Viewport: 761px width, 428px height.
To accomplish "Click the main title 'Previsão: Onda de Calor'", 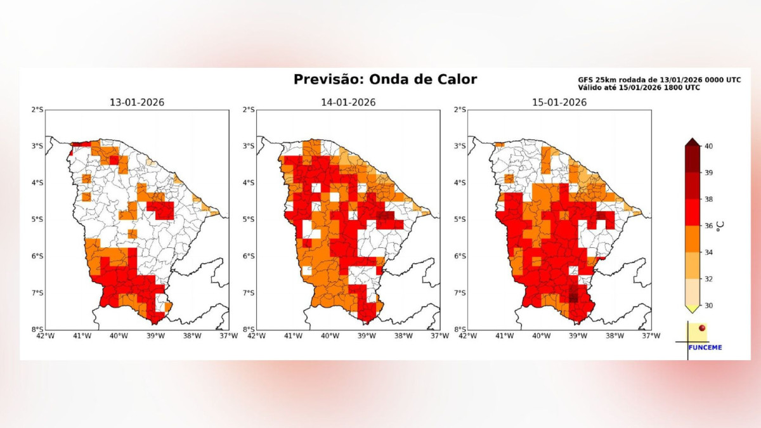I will coord(385,79).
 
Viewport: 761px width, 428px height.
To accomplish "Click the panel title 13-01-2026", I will coord(136,102).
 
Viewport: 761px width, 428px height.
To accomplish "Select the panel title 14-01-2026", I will coord(348,102).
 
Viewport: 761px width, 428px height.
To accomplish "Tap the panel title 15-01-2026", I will coord(559,102).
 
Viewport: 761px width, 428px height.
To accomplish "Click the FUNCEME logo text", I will coord(705,347).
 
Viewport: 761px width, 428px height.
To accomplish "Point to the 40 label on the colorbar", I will coord(709,146).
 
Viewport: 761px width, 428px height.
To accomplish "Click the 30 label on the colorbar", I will coord(709,306).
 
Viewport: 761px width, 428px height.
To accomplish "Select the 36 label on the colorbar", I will coord(709,226).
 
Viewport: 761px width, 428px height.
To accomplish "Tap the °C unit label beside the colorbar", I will coord(720,226).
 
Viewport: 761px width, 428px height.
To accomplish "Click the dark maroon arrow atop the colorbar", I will coord(692,142).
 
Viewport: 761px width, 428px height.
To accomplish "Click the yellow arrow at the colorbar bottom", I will coord(692,309).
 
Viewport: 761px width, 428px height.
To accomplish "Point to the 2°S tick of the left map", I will coord(37,110).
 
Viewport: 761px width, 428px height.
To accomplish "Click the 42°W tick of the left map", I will coord(46,335).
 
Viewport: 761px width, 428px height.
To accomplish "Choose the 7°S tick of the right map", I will coord(460,293).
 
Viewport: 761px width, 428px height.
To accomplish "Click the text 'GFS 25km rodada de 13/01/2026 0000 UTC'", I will coord(659,80).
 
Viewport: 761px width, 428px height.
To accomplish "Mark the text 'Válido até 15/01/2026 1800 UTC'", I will coord(639,88).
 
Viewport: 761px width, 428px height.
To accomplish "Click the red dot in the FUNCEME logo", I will coord(701,328).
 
